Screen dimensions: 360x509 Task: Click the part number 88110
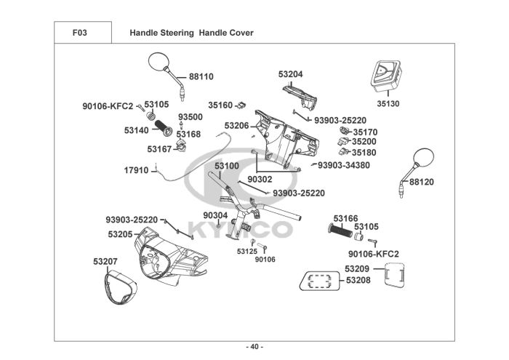(x=201, y=76)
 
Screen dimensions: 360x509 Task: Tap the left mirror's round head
(x=159, y=61)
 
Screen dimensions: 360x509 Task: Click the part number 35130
(x=388, y=104)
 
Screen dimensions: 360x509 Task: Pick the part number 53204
(x=291, y=74)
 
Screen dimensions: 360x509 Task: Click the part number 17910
(x=136, y=170)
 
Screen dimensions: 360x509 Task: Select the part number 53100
(x=226, y=166)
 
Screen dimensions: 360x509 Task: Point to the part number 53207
(x=105, y=260)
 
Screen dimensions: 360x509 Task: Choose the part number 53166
(x=345, y=218)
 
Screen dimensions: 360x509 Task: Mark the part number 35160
(x=220, y=105)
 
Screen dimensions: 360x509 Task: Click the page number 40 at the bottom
(x=255, y=345)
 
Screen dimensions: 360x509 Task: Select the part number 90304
(x=215, y=215)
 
